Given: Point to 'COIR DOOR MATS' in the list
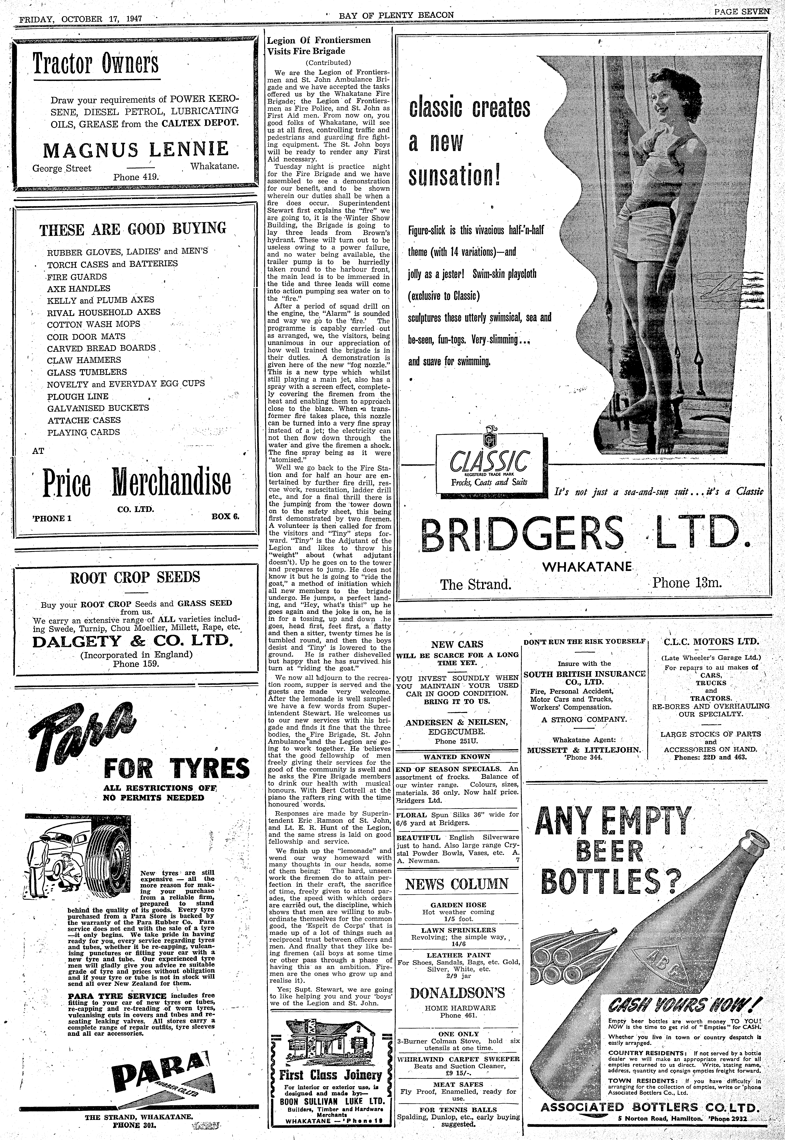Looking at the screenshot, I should tap(86, 337).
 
